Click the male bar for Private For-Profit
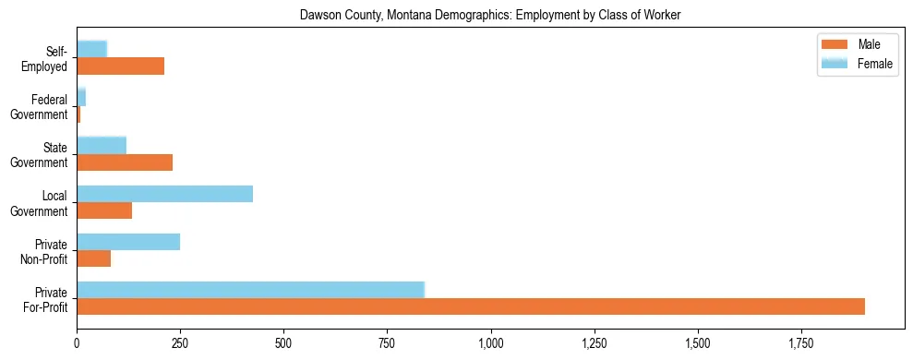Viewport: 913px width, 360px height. pos(471,306)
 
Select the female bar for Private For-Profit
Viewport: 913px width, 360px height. pos(250,290)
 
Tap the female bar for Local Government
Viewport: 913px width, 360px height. pos(164,194)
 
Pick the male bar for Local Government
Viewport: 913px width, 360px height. pos(104,210)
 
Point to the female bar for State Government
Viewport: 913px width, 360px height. pos(102,146)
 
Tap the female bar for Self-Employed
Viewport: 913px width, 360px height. pos(91,49)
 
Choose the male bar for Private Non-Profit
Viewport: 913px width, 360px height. pos(93,258)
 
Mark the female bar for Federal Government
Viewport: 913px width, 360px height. pos(81,97)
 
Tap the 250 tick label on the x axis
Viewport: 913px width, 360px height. pos(180,343)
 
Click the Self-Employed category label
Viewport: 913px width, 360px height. pos(45,58)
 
